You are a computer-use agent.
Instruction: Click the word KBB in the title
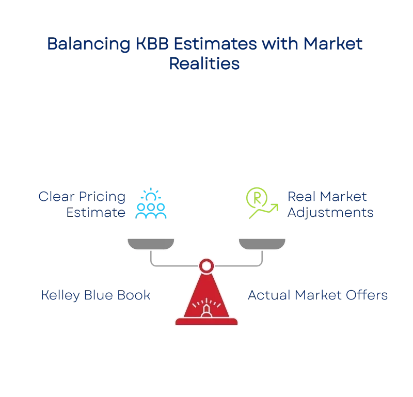point(152,43)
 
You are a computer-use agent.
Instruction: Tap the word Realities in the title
point(204,63)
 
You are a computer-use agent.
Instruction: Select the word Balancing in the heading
point(89,44)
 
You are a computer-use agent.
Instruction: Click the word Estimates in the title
point(215,43)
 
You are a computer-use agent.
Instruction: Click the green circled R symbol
point(257,198)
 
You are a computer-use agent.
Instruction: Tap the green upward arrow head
point(275,207)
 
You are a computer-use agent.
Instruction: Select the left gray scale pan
point(151,244)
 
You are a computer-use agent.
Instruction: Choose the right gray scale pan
point(262,244)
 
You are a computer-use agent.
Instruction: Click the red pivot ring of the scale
point(206,266)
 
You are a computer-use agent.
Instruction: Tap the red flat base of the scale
point(206,322)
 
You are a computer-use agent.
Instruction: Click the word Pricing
point(102,197)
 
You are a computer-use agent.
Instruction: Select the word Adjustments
point(330,213)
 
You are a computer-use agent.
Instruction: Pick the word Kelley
point(60,295)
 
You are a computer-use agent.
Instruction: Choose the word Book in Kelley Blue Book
point(134,295)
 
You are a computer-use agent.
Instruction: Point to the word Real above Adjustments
point(301,197)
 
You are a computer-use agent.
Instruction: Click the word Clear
point(56,197)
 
